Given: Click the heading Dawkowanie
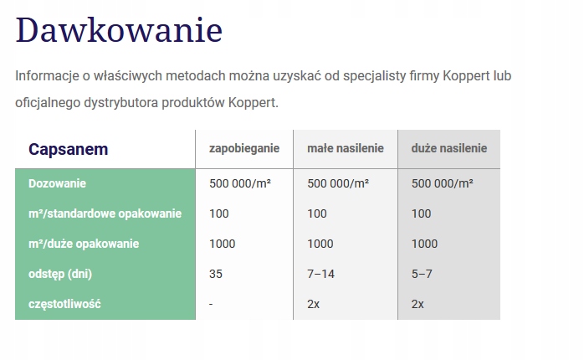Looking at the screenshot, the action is click(x=119, y=30).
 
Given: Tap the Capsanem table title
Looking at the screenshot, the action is click(x=68, y=149).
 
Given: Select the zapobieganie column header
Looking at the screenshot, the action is click(x=244, y=148).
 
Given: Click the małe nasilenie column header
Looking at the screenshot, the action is click(x=346, y=148).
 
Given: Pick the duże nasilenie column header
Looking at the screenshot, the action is click(x=449, y=148).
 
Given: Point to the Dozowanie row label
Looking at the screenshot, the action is click(x=58, y=183).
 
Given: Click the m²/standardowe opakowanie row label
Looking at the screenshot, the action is click(x=105, y=213).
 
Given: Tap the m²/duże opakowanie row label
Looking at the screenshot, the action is click(x=84, y=244).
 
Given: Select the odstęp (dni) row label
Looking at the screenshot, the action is click(x=60, y=274).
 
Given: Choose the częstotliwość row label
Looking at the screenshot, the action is click(x=64, y=304).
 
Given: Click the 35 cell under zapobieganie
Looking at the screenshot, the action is click(x=216, y=274).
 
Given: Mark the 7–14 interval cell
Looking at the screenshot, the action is click(x=320, y=274).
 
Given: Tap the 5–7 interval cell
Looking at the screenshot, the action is click(x=422, y=274).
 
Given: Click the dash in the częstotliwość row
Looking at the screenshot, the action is click(x=211, y=305).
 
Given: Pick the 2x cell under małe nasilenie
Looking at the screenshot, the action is click(x=313, y=304).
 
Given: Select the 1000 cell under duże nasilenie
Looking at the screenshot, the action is click(x=424, y=244).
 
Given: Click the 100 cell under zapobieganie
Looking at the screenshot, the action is click(x=219, y=213).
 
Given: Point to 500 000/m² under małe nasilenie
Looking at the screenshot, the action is click(x=338, y=183).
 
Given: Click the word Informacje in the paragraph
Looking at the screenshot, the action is click(x=47, y=76).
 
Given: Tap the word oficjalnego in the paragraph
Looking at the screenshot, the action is click(x=48, y=102).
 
